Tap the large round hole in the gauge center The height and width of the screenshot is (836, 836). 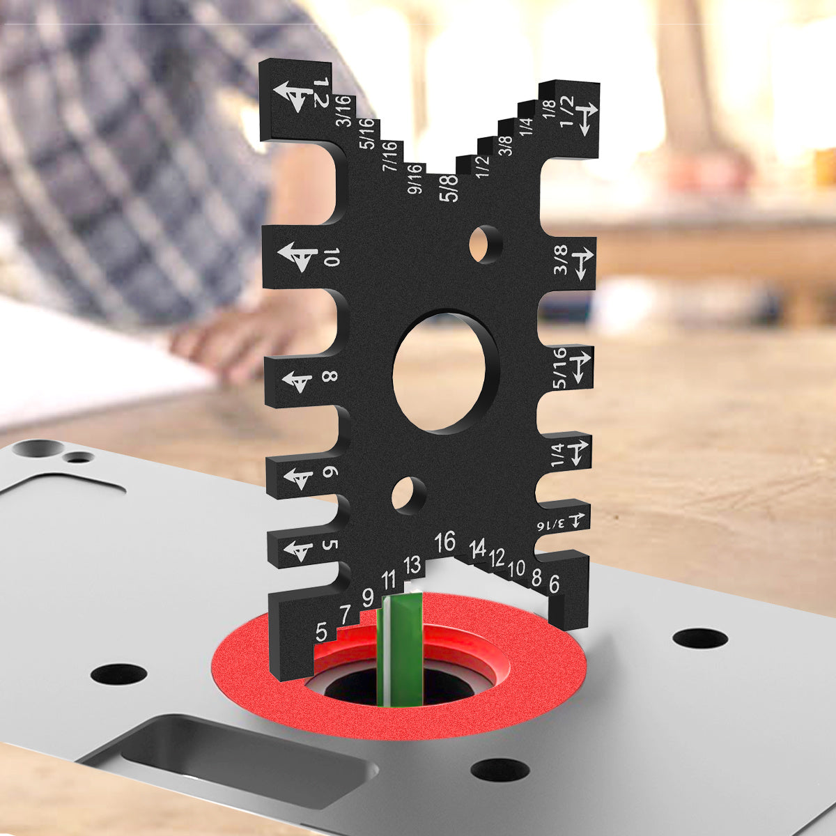[446, 371]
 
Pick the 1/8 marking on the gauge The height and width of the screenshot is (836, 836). [550, 109]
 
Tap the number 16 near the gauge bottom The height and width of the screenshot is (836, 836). [445, 541]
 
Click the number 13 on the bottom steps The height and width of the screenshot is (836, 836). [412, 564]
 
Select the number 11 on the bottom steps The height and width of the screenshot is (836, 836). [389, 580]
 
